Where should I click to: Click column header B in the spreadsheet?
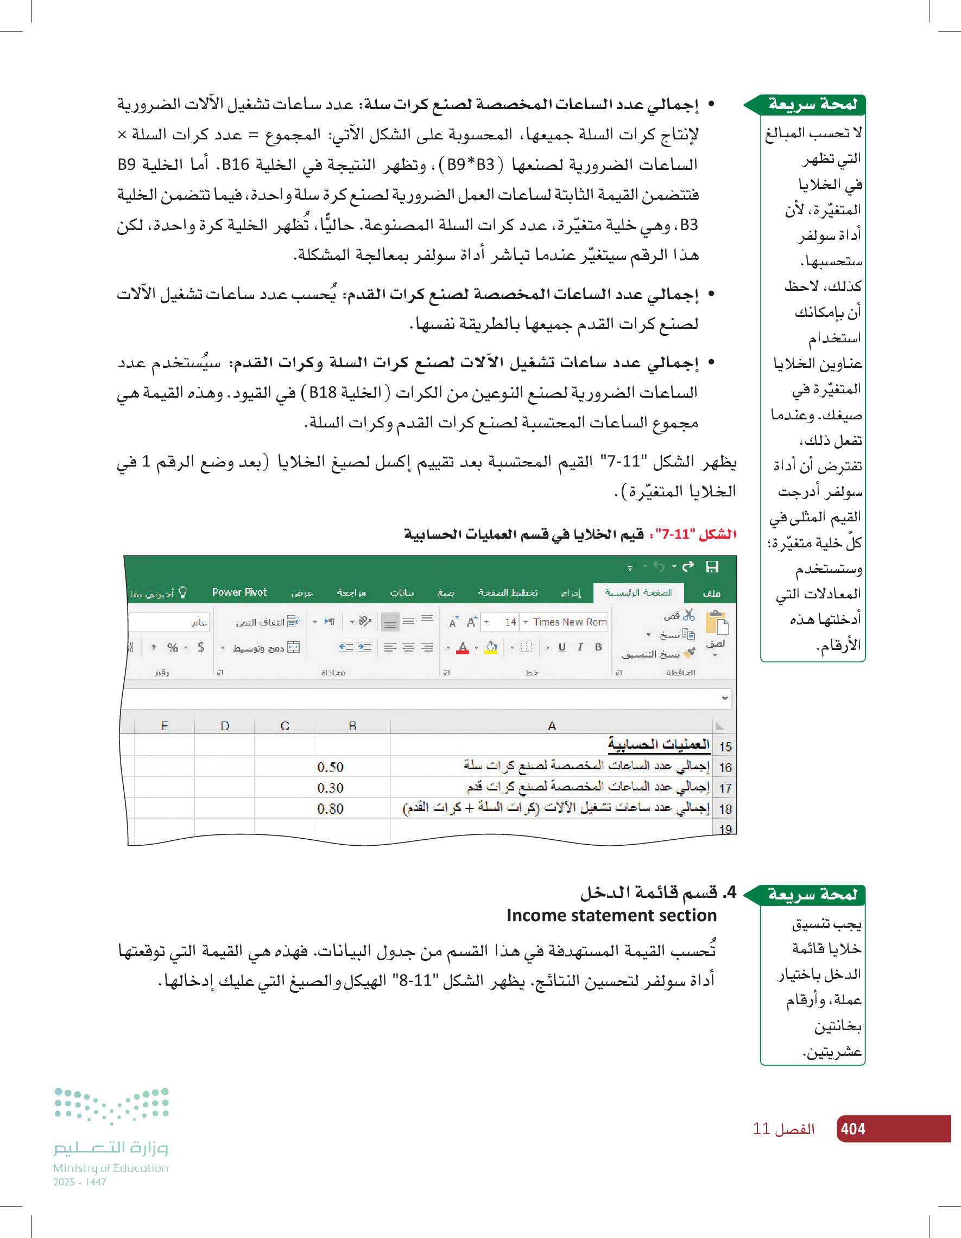pos(352,726)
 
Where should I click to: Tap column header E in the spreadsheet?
pos(165,726)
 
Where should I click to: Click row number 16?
pos(725,768)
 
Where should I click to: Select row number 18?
pos(725,809)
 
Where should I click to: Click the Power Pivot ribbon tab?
pos(239,592)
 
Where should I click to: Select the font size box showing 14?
pos(510,622)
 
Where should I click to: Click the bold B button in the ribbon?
pos(598,647)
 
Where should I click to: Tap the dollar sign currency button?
pos(201,647)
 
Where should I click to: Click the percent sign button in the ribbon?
pos(173,647)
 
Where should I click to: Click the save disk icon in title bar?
pos(712,566)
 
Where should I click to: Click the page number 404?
pos(852,1128)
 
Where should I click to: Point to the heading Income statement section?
pos(611,915)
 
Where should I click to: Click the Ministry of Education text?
pos(111,1167)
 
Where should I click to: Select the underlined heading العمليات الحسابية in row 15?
pos(659,744)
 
